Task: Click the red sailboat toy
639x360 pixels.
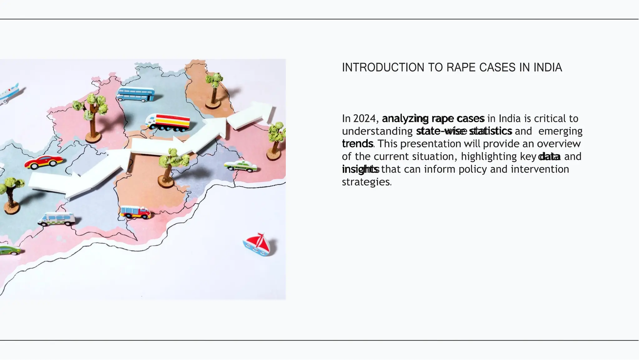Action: pos(259,244)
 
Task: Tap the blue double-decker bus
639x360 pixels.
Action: pos(136,94)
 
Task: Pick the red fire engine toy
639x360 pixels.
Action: pos(135,212)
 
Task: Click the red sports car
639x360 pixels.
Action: pos(44,161)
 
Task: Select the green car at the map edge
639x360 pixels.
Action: pos(9,250)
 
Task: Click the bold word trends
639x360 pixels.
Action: pos(357,144)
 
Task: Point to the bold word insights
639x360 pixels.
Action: pos(360,169)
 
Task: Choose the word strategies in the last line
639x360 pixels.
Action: pos(366,182)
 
